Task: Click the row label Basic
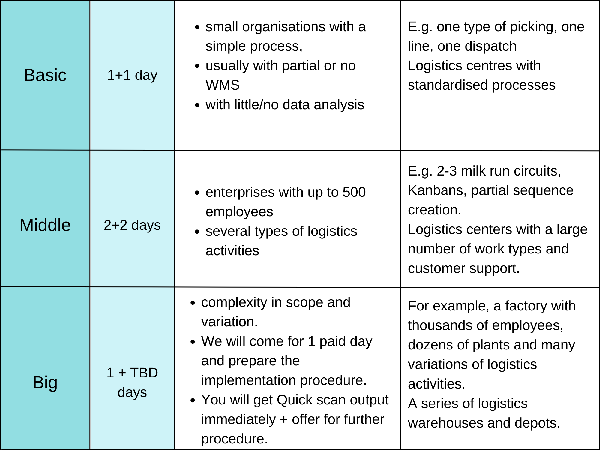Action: coord(45,75)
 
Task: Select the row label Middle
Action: coord(45,225)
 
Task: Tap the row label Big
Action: coord(45,383)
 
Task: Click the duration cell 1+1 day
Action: coord(132,75)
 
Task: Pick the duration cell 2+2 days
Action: coord(132,225)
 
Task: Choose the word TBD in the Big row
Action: coord(144,373)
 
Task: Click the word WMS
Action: coord(223,85)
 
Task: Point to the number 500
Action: coord(354,192)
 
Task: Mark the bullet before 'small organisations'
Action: coord(197,27)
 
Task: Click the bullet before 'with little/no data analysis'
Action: coord(197,105)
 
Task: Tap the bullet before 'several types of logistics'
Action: coord(197,232)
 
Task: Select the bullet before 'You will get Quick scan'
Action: coord(193,400)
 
